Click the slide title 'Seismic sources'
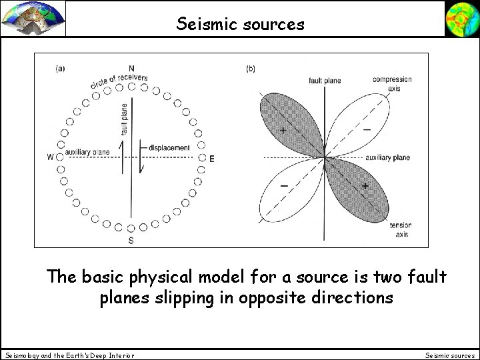click(x=241, y=24)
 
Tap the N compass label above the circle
click(x=131, y=68)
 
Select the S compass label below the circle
click(x=131, y=241)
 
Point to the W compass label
click(x=51, y=157)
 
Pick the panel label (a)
click(x=61, y=68)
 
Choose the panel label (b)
click(x=251, y=68)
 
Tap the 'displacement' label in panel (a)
click(x=169, y=147)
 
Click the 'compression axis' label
click(x=392, y=83)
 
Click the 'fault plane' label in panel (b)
click(x=325, y=81)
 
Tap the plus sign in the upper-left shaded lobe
click(x=283, y=129)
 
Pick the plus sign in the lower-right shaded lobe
click(x=365, y=185)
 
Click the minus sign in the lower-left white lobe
click(x=284, y=185)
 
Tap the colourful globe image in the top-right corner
click(x=461, y=18)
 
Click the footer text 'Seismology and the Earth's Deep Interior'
click(x=69, y=355)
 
